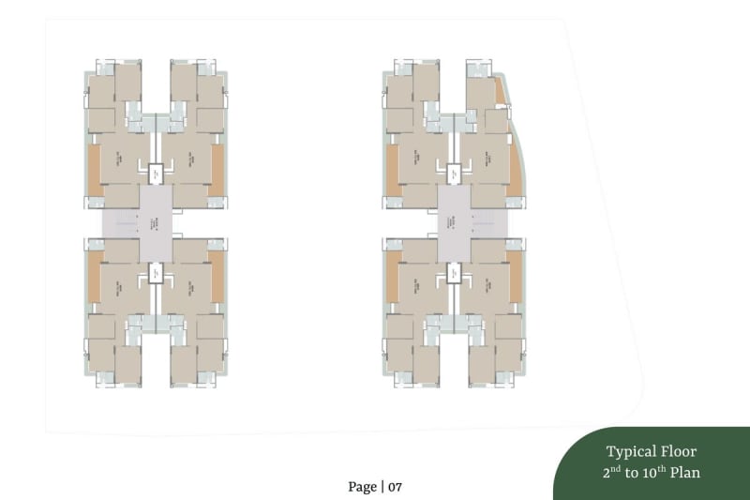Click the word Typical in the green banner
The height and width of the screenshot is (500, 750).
pyautogui.click(x=630, y=451)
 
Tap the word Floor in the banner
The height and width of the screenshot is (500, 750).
pyautogui.click(x=678, y=451)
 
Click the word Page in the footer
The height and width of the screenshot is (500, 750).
pyautogui.click(x=362, y=486)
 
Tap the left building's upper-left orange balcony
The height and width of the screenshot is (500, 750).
pyautogui.click(x=94, y=171)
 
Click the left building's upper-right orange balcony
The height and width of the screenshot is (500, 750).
pyautogui.click(x=217, y=171)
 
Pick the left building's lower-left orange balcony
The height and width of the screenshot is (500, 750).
pyautogui.click(x=94, y=277)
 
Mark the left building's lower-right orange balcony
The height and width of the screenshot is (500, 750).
pyautogui.click(x=217, y=277)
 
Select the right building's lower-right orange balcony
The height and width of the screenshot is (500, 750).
pyautogui.click(x=514, y=277)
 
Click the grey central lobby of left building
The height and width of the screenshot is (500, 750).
pyautogui.click(x=156, y=223)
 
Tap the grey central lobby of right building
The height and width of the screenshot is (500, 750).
pyautogui.click(x=454, y=223)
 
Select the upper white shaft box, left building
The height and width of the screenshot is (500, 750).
pyautogui.click(x=156, y=172)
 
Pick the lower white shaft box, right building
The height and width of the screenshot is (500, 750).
pyautogui.click(x=454, y=274)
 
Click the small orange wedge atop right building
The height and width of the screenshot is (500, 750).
pyautogui.click(x=500, y=91)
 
